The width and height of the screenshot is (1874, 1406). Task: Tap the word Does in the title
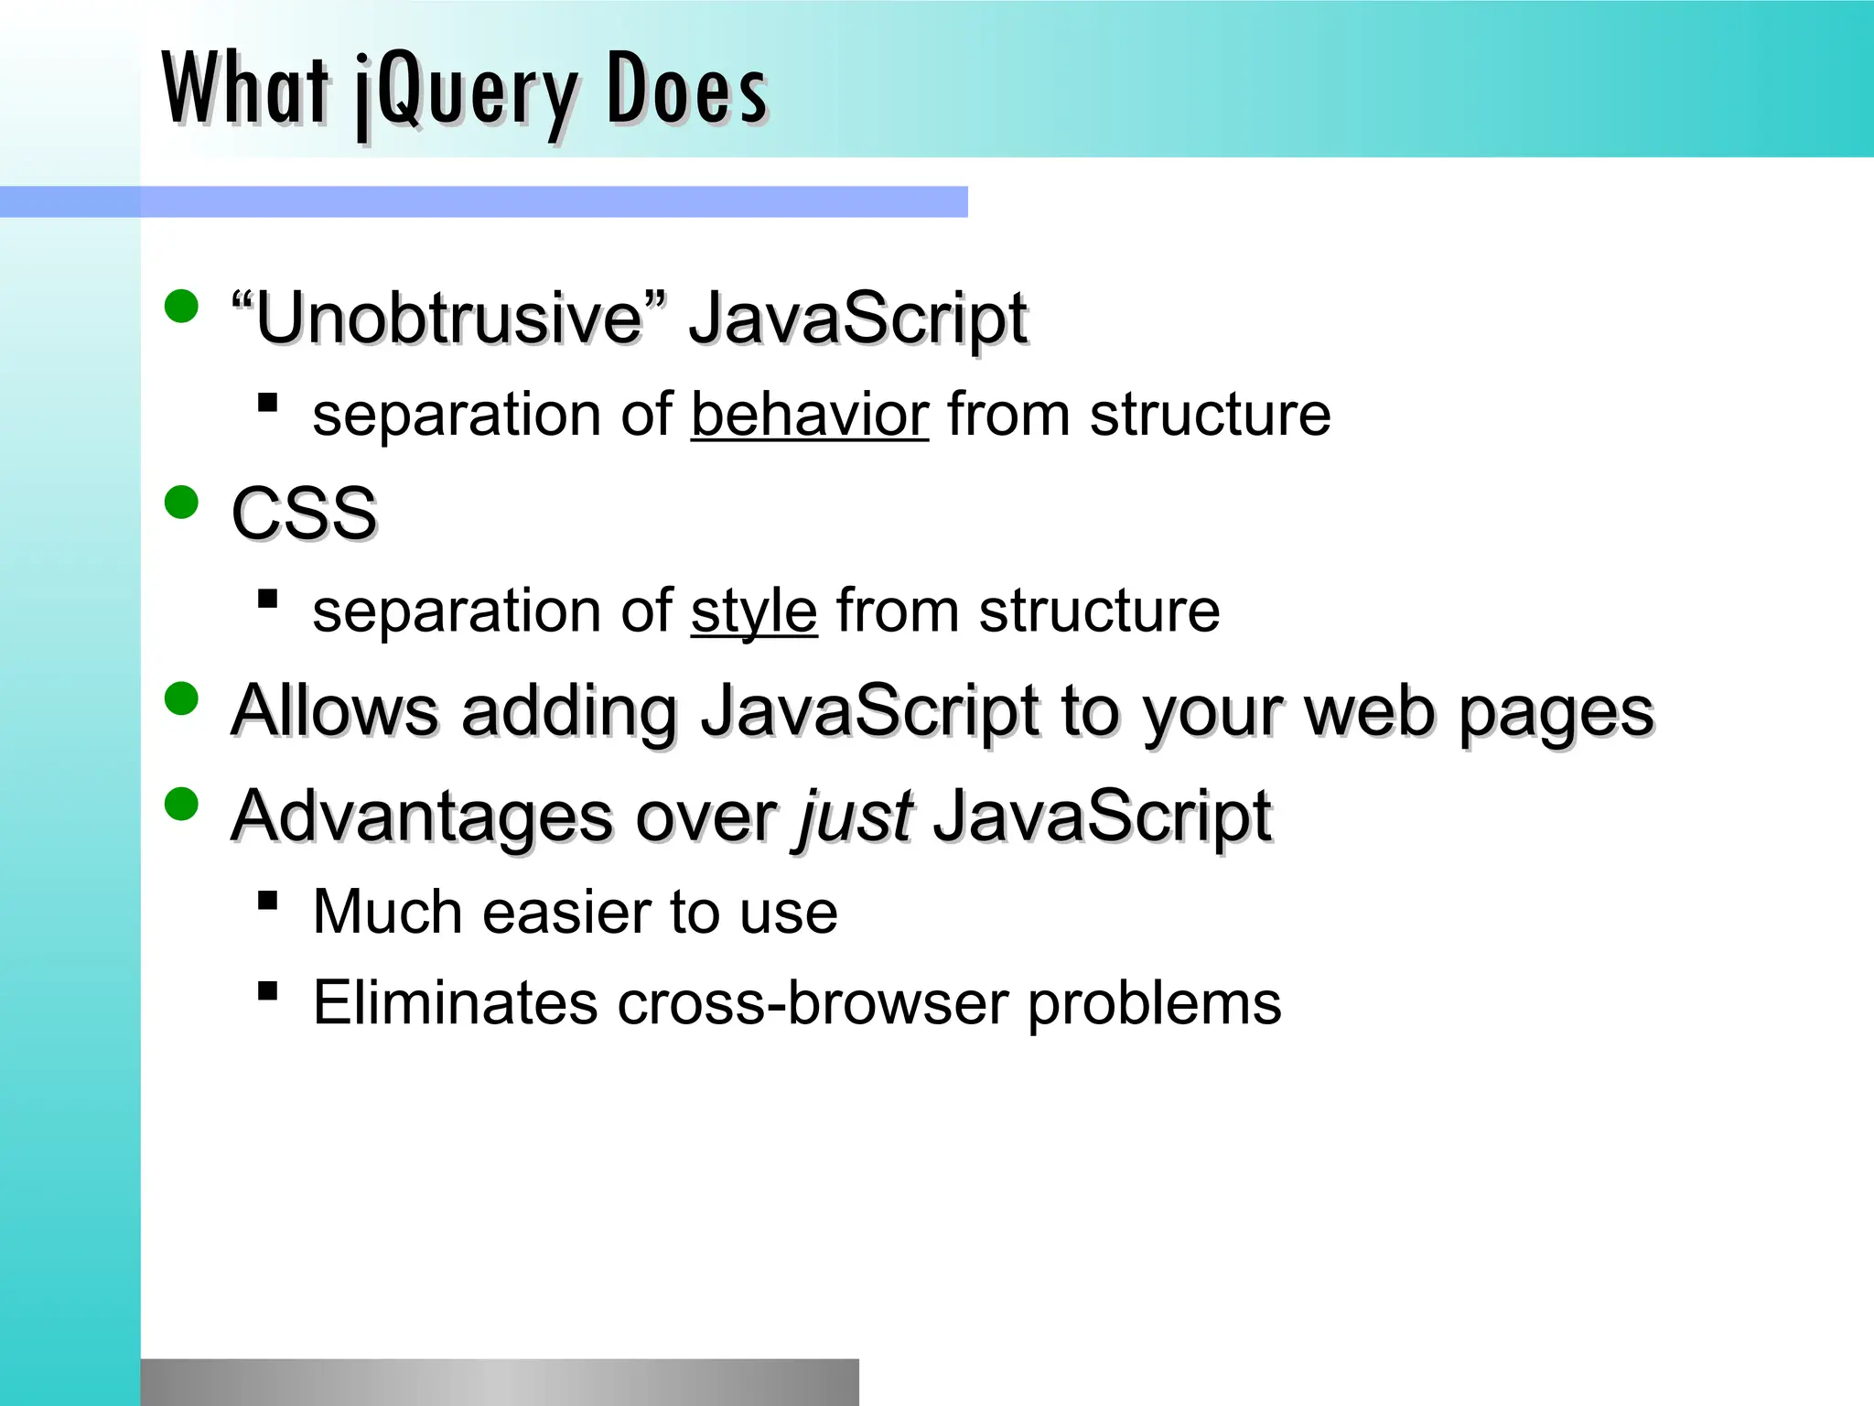[x=686, y=89]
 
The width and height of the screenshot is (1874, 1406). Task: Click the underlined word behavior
[x=809, y=415]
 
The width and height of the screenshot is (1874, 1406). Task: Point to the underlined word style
[x=753, y=611]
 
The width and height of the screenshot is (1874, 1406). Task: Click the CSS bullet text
[x=304, y=513]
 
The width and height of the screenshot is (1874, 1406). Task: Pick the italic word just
[x=855, y=815]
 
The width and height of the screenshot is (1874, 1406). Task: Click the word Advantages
[x=422, y=815]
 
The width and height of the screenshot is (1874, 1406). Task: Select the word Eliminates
[x=455, y=1002]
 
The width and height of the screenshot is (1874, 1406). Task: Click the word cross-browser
[x=812, y=1002]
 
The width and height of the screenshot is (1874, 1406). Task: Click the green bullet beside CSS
[x=182, y=503]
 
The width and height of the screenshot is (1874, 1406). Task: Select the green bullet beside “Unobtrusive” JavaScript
[x=182, y=307]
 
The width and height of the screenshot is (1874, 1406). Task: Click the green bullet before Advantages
[x=182, y=805]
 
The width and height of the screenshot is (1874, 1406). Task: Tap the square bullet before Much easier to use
[x=268, y=901]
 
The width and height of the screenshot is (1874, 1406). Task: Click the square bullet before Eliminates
[x=268, y=990]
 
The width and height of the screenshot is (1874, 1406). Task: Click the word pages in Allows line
[x=1556, y=714]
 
